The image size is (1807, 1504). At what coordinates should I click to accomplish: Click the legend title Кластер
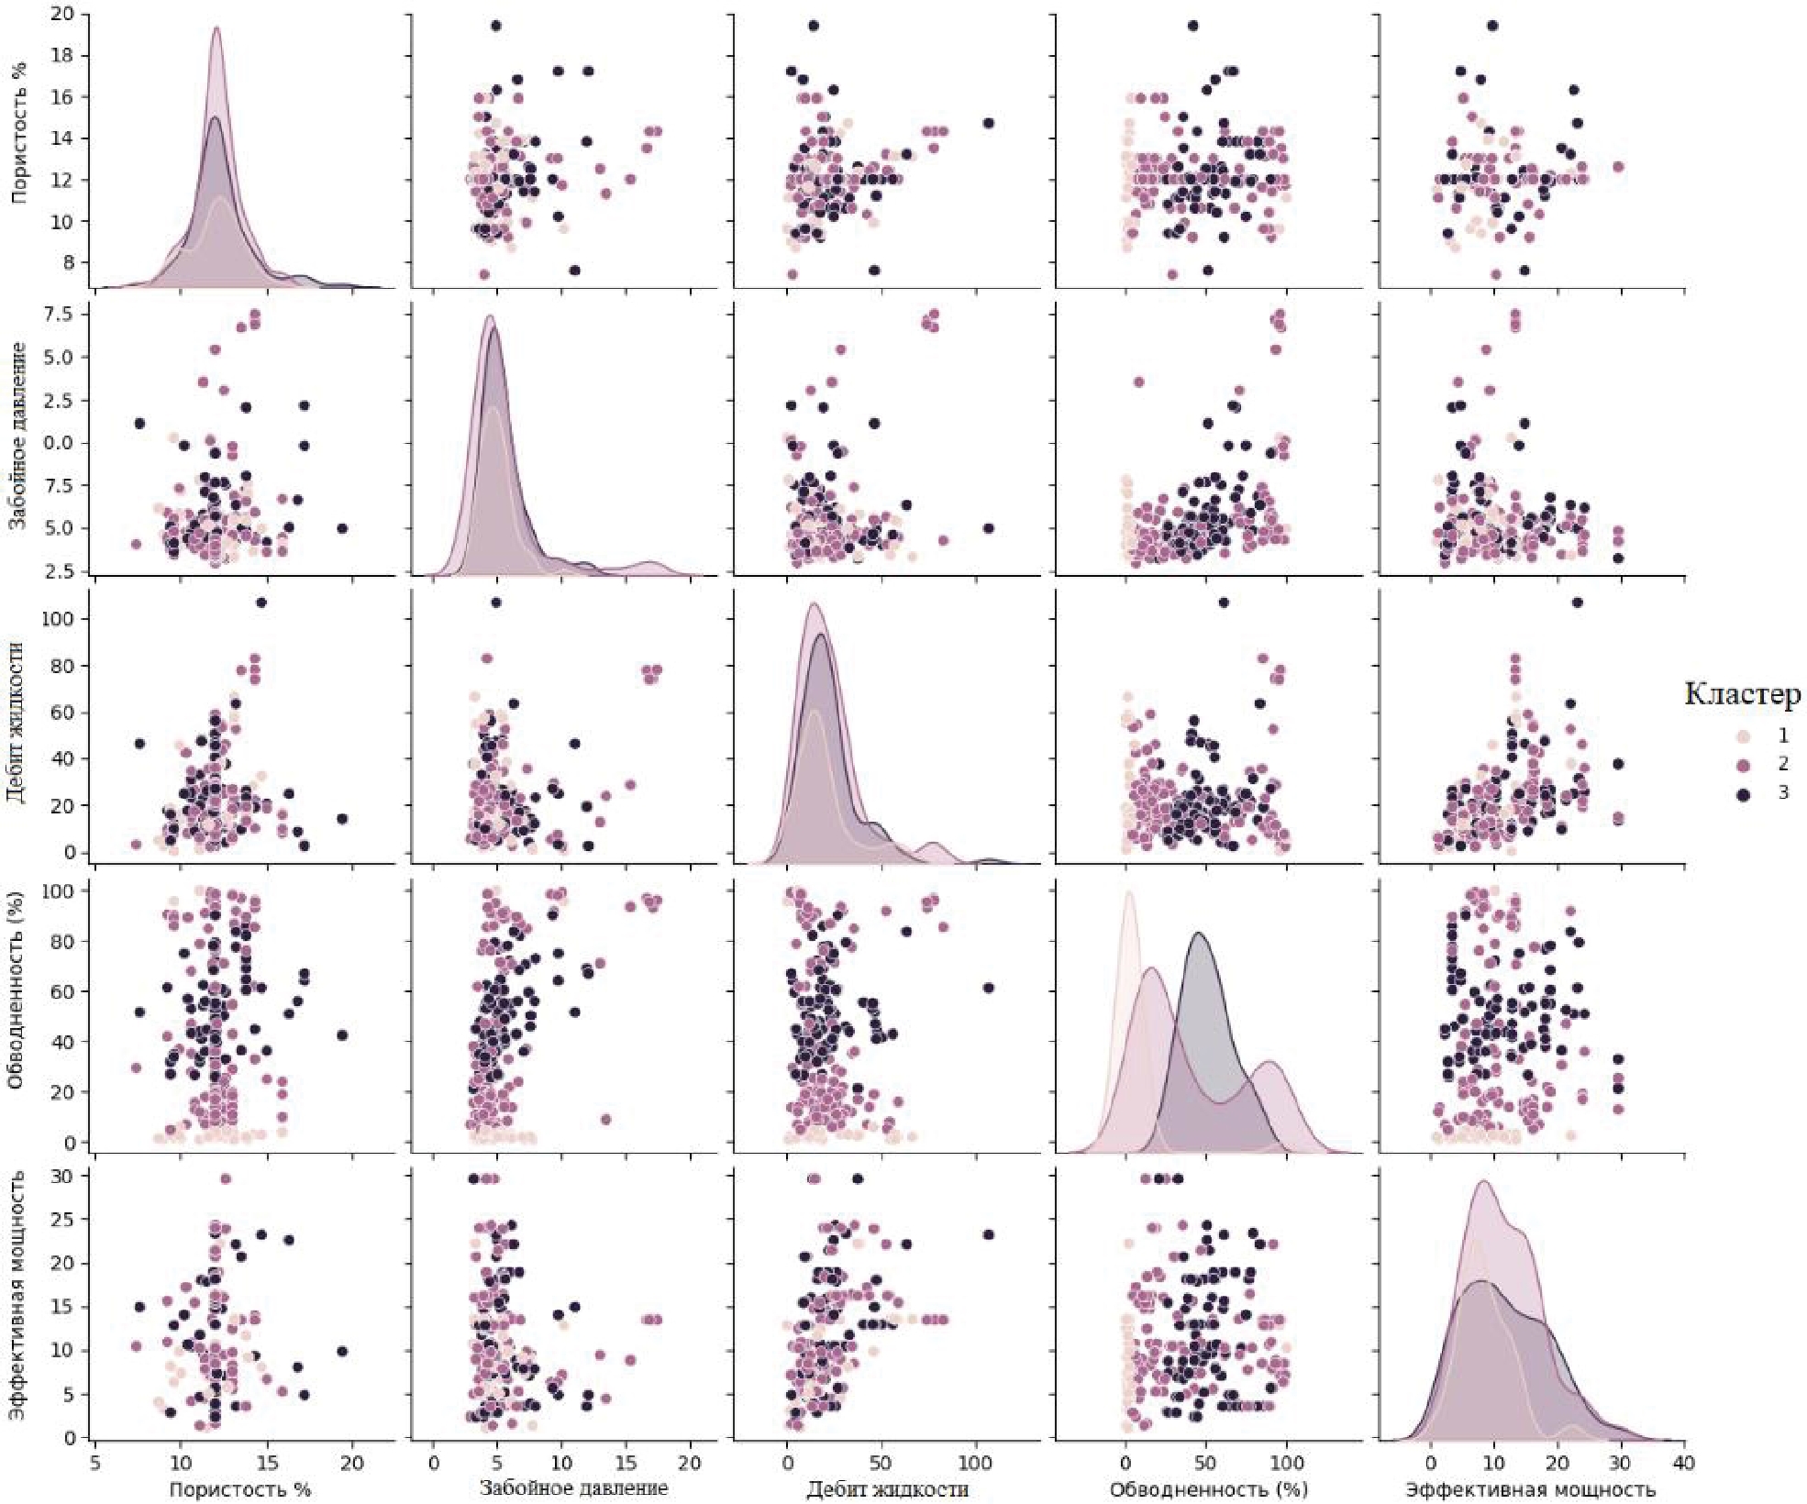point(1742,694)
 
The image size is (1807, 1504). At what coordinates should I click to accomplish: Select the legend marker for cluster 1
point(1744,735)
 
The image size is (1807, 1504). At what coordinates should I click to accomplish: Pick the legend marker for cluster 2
point(1744,764)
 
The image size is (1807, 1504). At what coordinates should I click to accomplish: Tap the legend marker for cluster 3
point(1744,793)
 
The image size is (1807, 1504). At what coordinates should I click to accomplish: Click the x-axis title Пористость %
point(241,1489)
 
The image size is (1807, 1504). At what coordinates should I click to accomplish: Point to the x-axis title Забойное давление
point(574,1487)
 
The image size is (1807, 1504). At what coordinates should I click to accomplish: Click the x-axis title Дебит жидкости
point(887,1489)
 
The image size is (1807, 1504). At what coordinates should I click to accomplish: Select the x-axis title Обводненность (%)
point(1208,1489)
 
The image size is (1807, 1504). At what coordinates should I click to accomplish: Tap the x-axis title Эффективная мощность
point(1530,1489)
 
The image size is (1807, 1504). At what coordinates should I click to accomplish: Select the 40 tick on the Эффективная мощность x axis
point(1683,1464)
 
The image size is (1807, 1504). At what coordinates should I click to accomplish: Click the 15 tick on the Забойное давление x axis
point(626,1464)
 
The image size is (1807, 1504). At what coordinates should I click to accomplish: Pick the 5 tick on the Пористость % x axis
point(96,1464)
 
